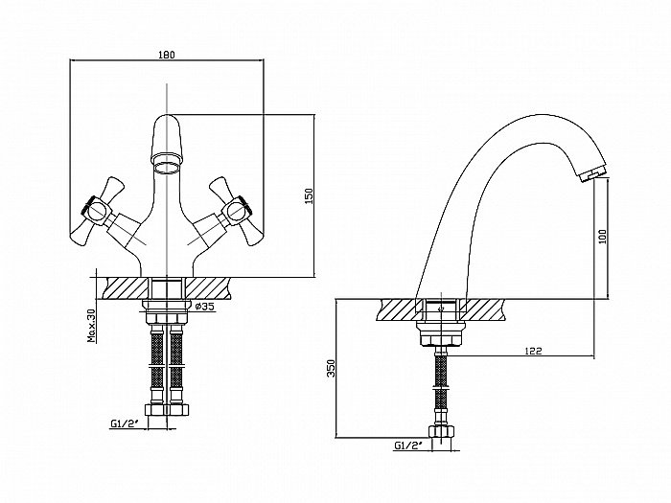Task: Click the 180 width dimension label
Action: [167, 55]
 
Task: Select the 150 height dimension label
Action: [310, 195]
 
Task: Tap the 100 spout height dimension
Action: [603, 236]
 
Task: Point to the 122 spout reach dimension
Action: [533, 351]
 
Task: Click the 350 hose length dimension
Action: [331, 368]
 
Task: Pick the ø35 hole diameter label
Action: [204, 307]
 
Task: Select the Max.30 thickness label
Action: [92, 326]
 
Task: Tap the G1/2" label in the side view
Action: [407, 446]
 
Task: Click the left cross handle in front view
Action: [98, 212]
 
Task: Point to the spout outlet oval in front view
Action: [167, 168]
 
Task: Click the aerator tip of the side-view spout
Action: [591, 174]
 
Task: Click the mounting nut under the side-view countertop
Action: [441, 333]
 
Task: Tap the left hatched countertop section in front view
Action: [127, 288]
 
